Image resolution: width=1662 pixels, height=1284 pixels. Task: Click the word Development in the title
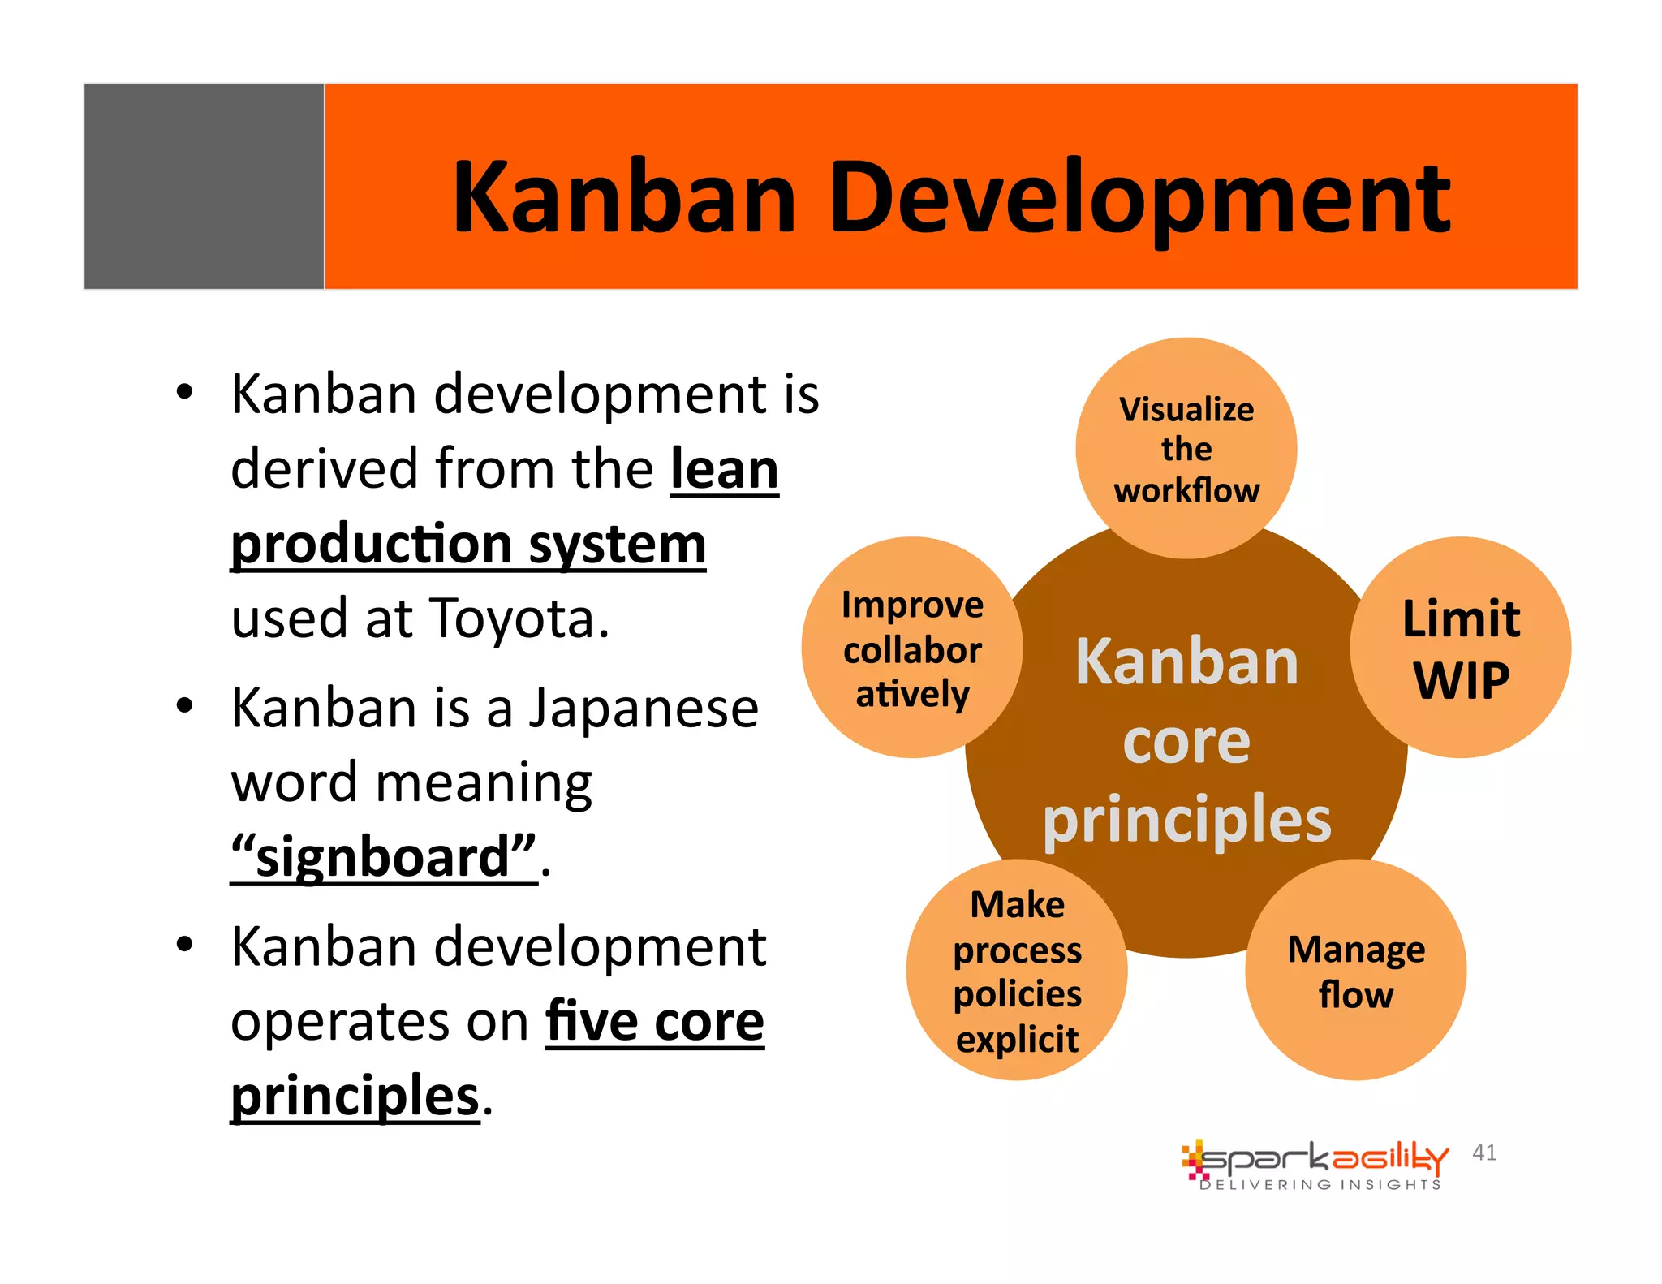pyautogui.click(x=1140, y=199)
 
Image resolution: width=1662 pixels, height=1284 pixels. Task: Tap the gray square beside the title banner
pyautogui.click(x=204, y=186)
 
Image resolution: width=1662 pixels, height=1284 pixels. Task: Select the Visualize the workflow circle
pyautogui.click(x=1186, y=449)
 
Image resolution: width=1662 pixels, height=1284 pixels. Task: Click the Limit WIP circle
pyautogui.click(x=1461, y=648)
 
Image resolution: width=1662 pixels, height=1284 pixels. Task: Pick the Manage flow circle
pyautogui.click(x=1355, y=971)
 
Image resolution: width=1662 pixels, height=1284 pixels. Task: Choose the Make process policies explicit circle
pyautogui.click(x=1017, y=971)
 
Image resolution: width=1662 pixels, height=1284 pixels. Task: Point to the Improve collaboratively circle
pyautogui.click(x=912, y=648)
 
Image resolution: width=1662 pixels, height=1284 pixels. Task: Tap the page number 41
pyautogui.click(x=1484, y=1153)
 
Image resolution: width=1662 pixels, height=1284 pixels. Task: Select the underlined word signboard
pyautogui.click(x=384, y=857)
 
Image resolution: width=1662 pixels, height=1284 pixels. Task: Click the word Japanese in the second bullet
pyautogui.click(x=644, y=708)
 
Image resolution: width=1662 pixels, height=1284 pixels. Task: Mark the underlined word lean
pyautogui.click(x=724, y=470)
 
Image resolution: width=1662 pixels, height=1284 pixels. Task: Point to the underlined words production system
pyautogui.click(x=468, y=545)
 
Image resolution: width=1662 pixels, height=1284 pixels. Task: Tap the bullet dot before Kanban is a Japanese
pyautogui.click(x=185, y=705)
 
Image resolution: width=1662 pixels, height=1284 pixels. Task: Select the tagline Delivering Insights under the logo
pyautogui.click(x=1320, y=1185)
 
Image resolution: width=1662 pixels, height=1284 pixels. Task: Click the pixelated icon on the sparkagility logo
pyautogui.click(x=1194, y=1160)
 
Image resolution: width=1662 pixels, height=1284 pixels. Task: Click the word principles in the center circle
pyautogui.click(x=1186, y=820)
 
